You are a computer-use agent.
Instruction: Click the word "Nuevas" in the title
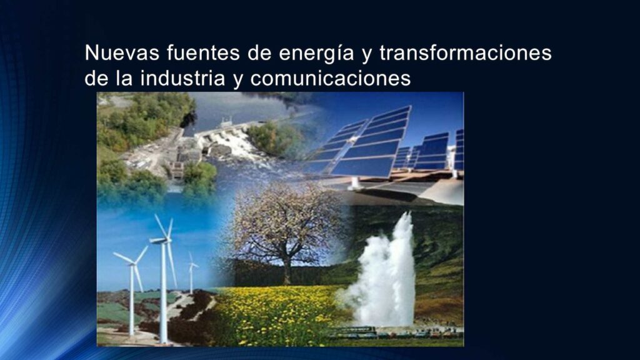point(122,52)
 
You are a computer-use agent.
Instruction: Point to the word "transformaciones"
point(466,52)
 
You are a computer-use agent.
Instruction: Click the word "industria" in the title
point(182,78)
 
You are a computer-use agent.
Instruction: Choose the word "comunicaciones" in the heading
point(331,78)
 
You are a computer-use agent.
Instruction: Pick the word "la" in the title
point(124,78)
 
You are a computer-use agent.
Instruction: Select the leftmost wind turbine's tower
point(132,300)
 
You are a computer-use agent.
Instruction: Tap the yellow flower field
point(277,314)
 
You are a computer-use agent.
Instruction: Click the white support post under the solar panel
point(354,183)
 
